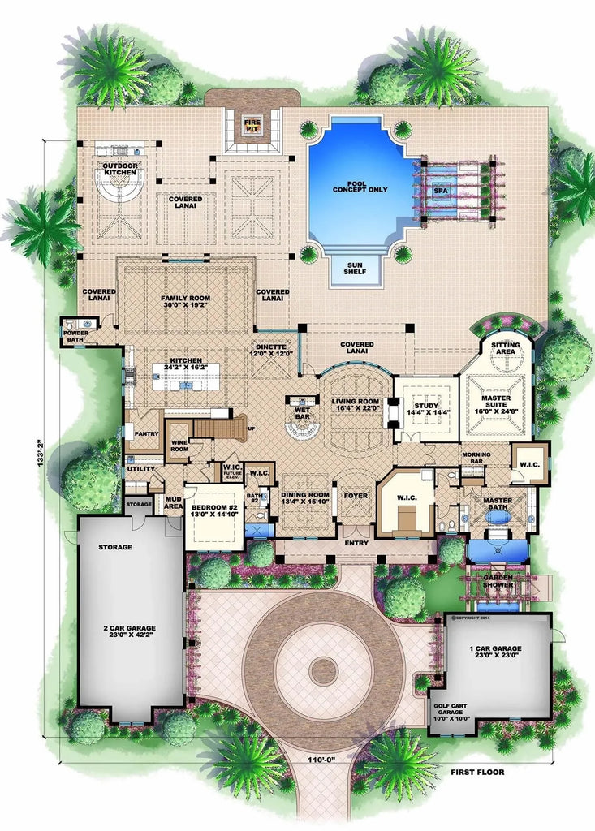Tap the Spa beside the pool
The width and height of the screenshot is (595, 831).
(441, 190)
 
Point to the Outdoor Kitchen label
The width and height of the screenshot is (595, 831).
(120, 169)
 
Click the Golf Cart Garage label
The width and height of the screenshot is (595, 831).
(451, 713)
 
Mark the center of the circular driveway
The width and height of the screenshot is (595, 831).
(324, 670)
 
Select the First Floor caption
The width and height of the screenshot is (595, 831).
(477, 772)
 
